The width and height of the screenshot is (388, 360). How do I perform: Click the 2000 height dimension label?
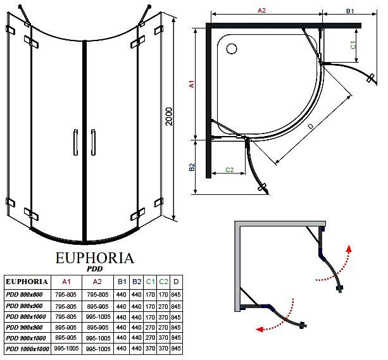click(169, 116)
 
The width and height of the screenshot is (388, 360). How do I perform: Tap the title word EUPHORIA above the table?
click(95, 258)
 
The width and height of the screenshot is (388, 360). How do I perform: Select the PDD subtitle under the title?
click(94, 269)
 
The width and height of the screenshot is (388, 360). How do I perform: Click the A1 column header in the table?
click(66, 282)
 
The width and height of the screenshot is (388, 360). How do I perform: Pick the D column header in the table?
click(176, 282)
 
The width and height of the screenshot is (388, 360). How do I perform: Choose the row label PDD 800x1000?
click(26, 317)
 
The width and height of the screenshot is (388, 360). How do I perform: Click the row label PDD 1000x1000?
click(27, 349)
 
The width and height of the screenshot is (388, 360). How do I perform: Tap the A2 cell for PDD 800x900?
click(97, 307)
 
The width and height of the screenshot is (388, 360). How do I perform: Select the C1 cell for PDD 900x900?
click(150, 328)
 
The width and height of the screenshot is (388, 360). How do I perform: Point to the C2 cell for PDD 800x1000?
click(163, 317)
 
